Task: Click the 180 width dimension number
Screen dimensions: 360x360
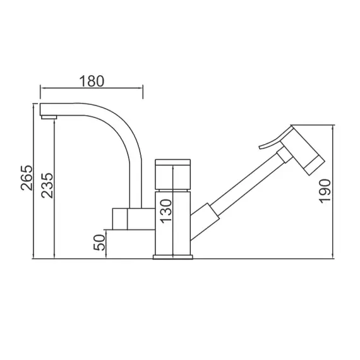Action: point(92,81)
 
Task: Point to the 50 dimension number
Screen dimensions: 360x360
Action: point(99,243)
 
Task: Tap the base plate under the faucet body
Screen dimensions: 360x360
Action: point(173,256)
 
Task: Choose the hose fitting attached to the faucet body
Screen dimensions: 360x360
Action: point(205,217)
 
